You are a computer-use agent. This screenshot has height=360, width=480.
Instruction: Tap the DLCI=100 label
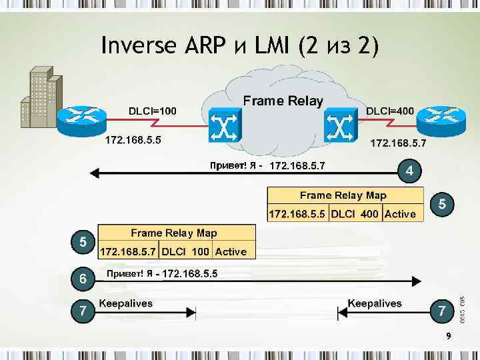[152, 111]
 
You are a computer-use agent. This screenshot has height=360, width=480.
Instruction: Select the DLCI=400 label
[390, 111]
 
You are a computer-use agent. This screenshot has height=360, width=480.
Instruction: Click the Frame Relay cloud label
[283, 101]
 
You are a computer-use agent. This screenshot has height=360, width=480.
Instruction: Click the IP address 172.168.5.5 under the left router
[133, 141]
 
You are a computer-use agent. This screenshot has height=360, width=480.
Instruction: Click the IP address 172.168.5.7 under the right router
[399, 143]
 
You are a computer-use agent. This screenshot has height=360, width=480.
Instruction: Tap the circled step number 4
[410, 171]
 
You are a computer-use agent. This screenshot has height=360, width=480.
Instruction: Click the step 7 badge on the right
[441, 311]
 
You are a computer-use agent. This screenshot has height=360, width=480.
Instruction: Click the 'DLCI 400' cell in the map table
[355, 214]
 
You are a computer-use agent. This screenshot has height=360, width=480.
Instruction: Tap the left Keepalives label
[125, 303]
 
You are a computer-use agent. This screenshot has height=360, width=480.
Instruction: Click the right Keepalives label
[375, 303]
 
